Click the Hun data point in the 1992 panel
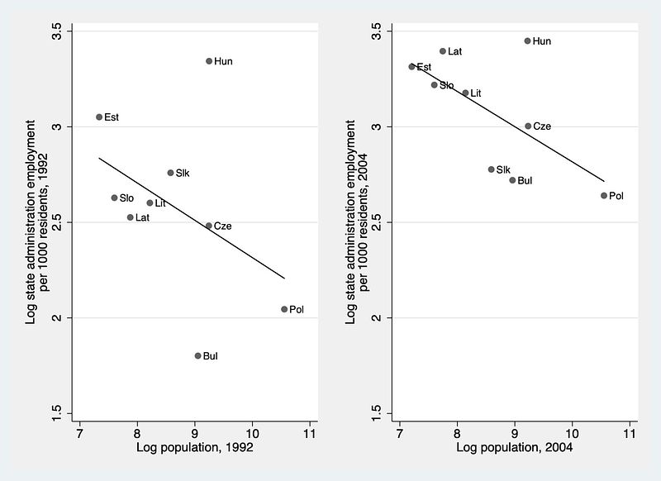click(209, 61)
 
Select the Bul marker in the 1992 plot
click(197, 356)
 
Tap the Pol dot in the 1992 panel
click(284, 309)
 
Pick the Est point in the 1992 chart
click(99, 117)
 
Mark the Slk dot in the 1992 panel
click(170, 173)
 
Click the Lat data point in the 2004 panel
click(443, 51)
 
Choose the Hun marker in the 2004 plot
click(527, 40)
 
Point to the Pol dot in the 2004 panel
click(604, 196)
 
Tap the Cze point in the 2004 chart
click(528, 126)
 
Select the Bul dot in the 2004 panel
click(512, 180)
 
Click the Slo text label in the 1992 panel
click(126, 198)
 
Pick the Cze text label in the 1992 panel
click(222, 226)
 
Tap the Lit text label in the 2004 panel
click(476, 93)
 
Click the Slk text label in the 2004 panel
click(503, 169)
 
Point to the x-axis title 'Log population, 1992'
click(195, 447)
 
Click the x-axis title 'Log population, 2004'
click(514, 447)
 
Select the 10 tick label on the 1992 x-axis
click(252, 433)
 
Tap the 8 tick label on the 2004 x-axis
click(457, 433)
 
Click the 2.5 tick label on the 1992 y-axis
click(57, 221)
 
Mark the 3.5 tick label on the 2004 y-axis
click(377, 31)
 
